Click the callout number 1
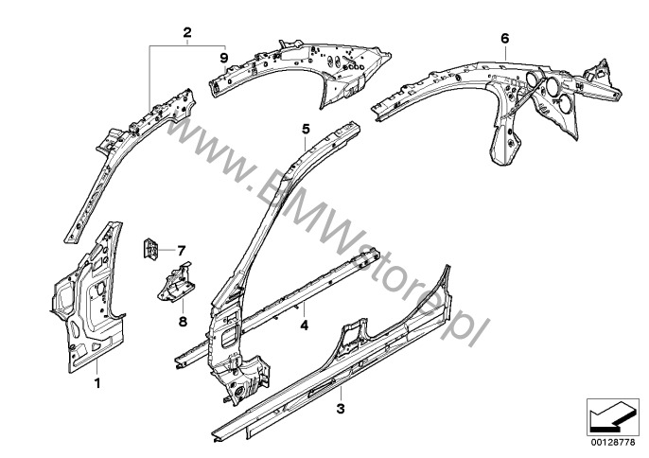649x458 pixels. [97, 383]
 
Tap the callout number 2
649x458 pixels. [187, 32]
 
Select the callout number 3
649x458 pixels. [341, 409]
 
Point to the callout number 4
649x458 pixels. [305, 326]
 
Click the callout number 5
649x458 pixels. [306, 130]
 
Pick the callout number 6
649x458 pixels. [504, 39]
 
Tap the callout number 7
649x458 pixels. [181, 251]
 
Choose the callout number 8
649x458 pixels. [183, 322]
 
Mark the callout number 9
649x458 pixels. [224, 57]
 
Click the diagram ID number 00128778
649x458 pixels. [613, 443]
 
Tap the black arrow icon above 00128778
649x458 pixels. [610, 418]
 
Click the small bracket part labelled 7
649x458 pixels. [150, 249]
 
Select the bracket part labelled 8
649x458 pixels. [176, 284]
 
